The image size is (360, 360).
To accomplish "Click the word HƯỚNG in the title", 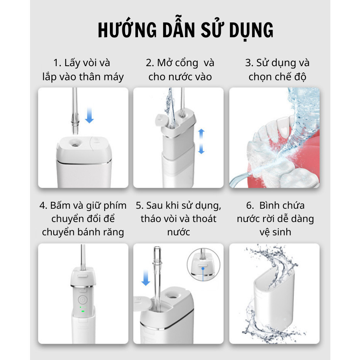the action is coord(128,30).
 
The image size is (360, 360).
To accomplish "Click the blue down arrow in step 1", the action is coord(89,115).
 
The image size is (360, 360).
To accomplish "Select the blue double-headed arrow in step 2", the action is coord(201,141).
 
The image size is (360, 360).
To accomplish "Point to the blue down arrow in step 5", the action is coord(146,278).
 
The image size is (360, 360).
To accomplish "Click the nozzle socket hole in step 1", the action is coord(75,144).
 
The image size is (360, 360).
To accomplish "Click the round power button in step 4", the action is coord(82,300).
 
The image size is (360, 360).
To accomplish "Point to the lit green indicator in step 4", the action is coord(83,311).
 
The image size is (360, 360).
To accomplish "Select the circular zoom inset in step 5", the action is coord(203,265).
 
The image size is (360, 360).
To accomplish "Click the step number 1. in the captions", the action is coord(57,63).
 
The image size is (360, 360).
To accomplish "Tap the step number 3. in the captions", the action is coord(249,63).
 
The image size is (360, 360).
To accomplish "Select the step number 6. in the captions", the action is coord(250,206).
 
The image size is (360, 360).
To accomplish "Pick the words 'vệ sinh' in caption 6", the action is coord(275,232).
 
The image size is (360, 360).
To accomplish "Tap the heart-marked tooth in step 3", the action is coord(284,127).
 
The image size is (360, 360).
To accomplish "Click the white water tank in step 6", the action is coord(274,298).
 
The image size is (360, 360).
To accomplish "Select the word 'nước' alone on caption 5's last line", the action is coord(178,232).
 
